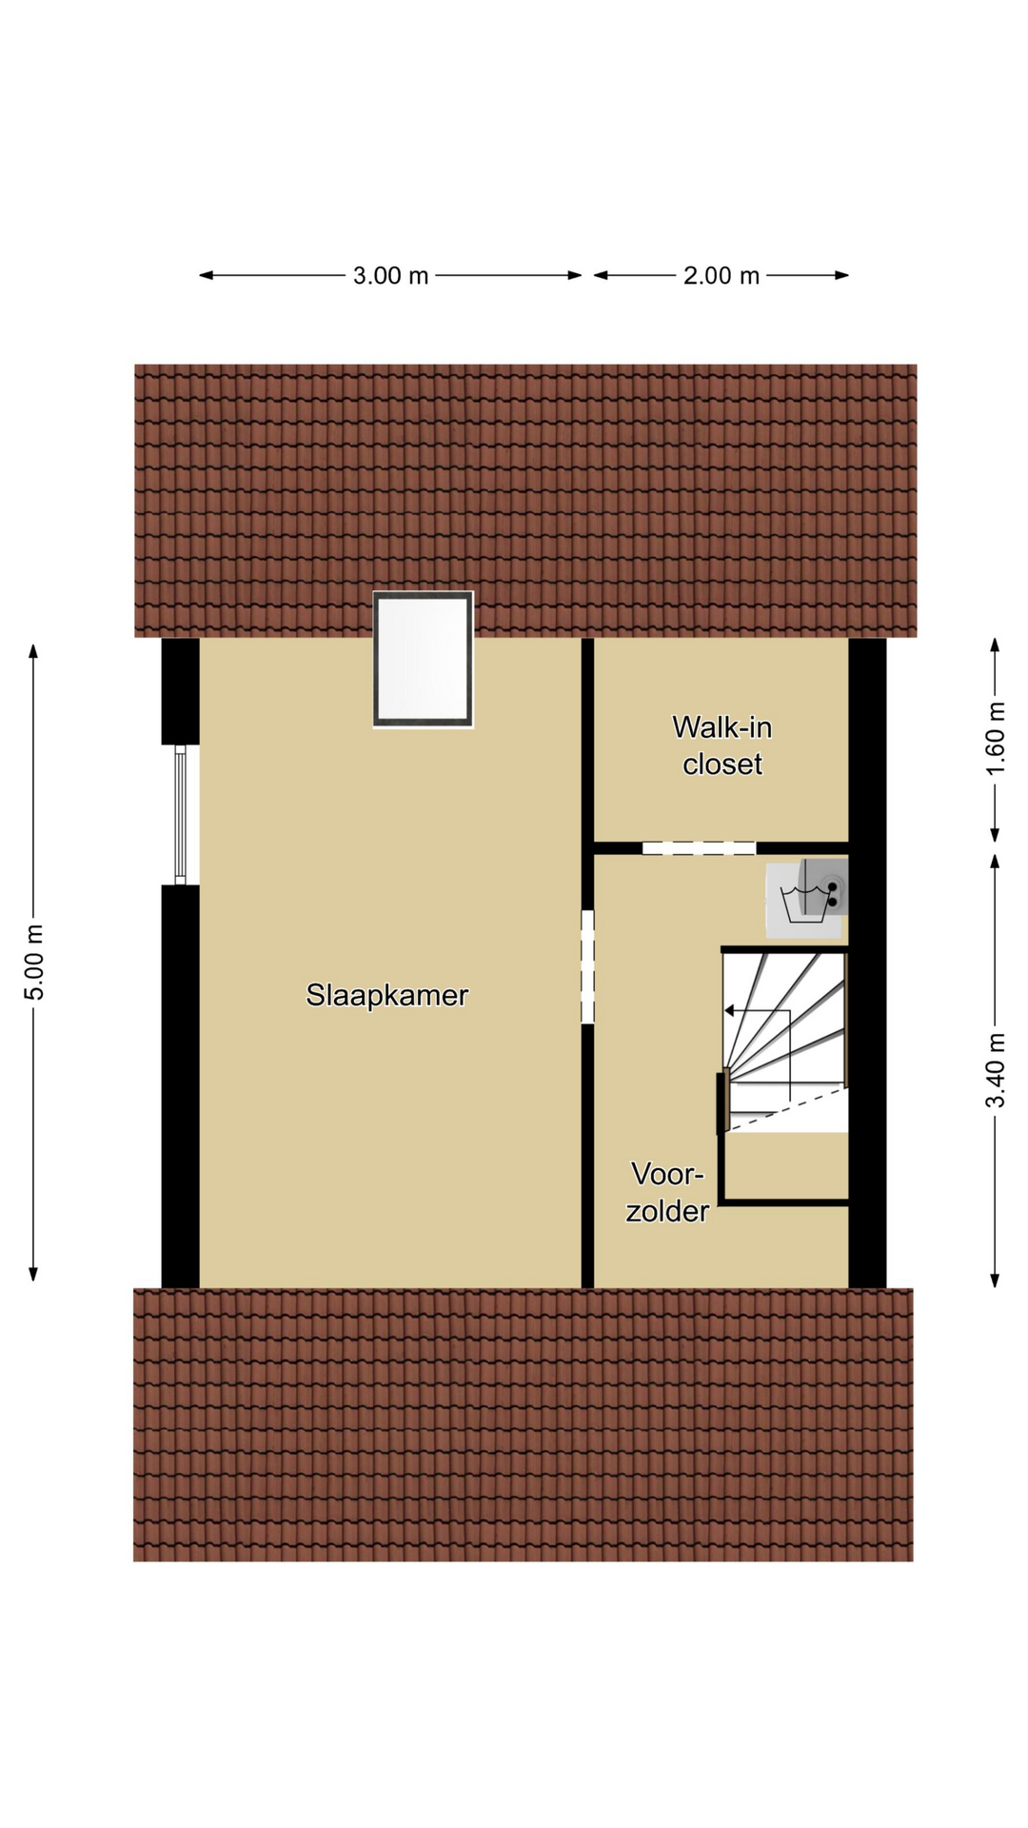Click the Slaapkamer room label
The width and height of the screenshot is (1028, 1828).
(x=386, y=995)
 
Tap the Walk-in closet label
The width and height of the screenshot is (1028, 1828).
(x=722, y=745)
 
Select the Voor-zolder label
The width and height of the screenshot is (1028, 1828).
(x=667, y=1192)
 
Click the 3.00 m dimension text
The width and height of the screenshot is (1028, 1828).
(x=390, y=275)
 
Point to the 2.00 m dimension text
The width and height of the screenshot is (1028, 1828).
(x=721, y=275)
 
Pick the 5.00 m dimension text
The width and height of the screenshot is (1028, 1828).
(x=34, y=962)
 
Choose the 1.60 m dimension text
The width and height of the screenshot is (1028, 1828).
(x=996, y=738)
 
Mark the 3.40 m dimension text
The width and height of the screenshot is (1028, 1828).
(x=996, y=1071)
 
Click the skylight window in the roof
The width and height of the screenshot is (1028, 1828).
(x=424, y=660)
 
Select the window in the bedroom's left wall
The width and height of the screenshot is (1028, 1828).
(x=180, y=815)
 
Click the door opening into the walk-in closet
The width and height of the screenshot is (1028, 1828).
(x=699, y=847)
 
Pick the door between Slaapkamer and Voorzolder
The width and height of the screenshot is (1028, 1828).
(x=587, y=966)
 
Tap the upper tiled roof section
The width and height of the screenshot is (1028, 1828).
(x=525, y=500)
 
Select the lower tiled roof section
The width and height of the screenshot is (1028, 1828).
(x=524, y=1424)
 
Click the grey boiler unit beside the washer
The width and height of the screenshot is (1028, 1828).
(x=824, y=886)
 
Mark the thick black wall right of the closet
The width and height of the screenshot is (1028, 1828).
(x=867, y=963)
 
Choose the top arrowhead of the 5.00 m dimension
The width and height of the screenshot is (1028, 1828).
(x=33, y=651)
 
